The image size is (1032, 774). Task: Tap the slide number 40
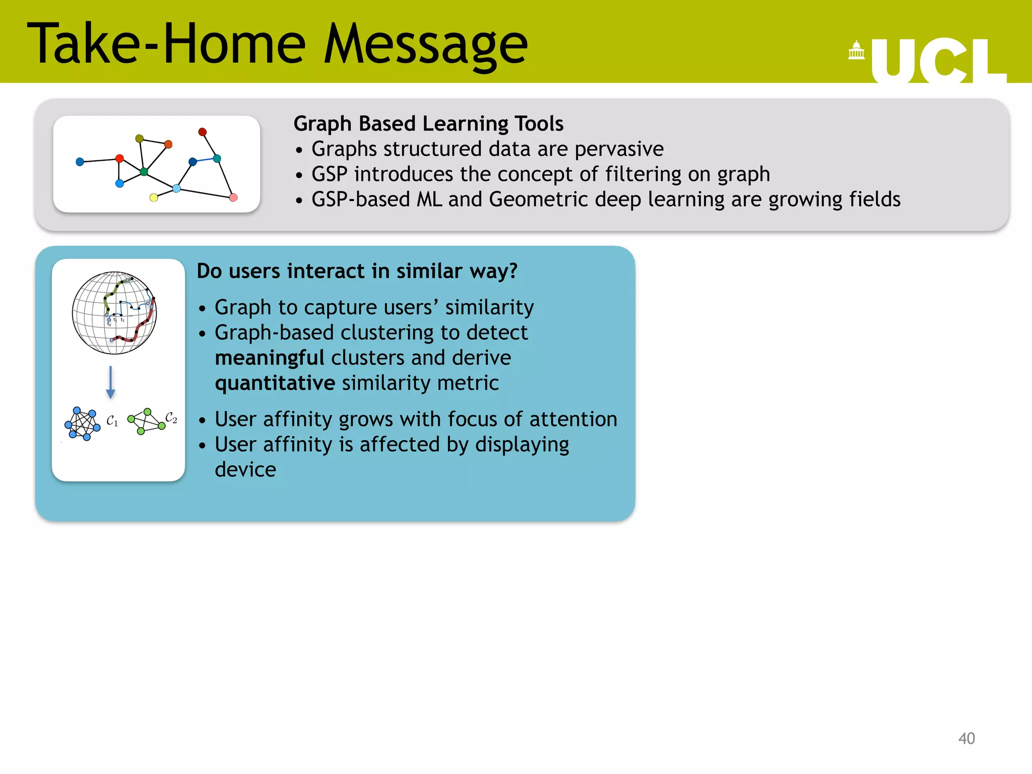[966, 738]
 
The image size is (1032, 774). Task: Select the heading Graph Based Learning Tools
[428, 123]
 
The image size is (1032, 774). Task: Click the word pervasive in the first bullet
[619, 149]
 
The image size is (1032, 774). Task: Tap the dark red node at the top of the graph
[203, 132]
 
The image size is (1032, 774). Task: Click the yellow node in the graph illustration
[154, 198]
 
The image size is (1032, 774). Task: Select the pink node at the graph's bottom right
[233, 198]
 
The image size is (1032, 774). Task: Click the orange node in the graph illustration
[168, 145]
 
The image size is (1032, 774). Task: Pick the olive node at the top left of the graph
[140, 139]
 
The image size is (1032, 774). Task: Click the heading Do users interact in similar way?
[357, 271]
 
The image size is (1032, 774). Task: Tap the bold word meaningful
[269, 358]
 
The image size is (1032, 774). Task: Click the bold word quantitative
[275, 383]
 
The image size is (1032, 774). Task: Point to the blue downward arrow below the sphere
[111, 383]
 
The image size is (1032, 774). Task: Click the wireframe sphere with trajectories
[114, 313]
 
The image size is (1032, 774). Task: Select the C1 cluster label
[112, 421]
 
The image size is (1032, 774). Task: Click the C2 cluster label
[171, 418]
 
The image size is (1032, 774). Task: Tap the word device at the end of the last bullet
[245, 470]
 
